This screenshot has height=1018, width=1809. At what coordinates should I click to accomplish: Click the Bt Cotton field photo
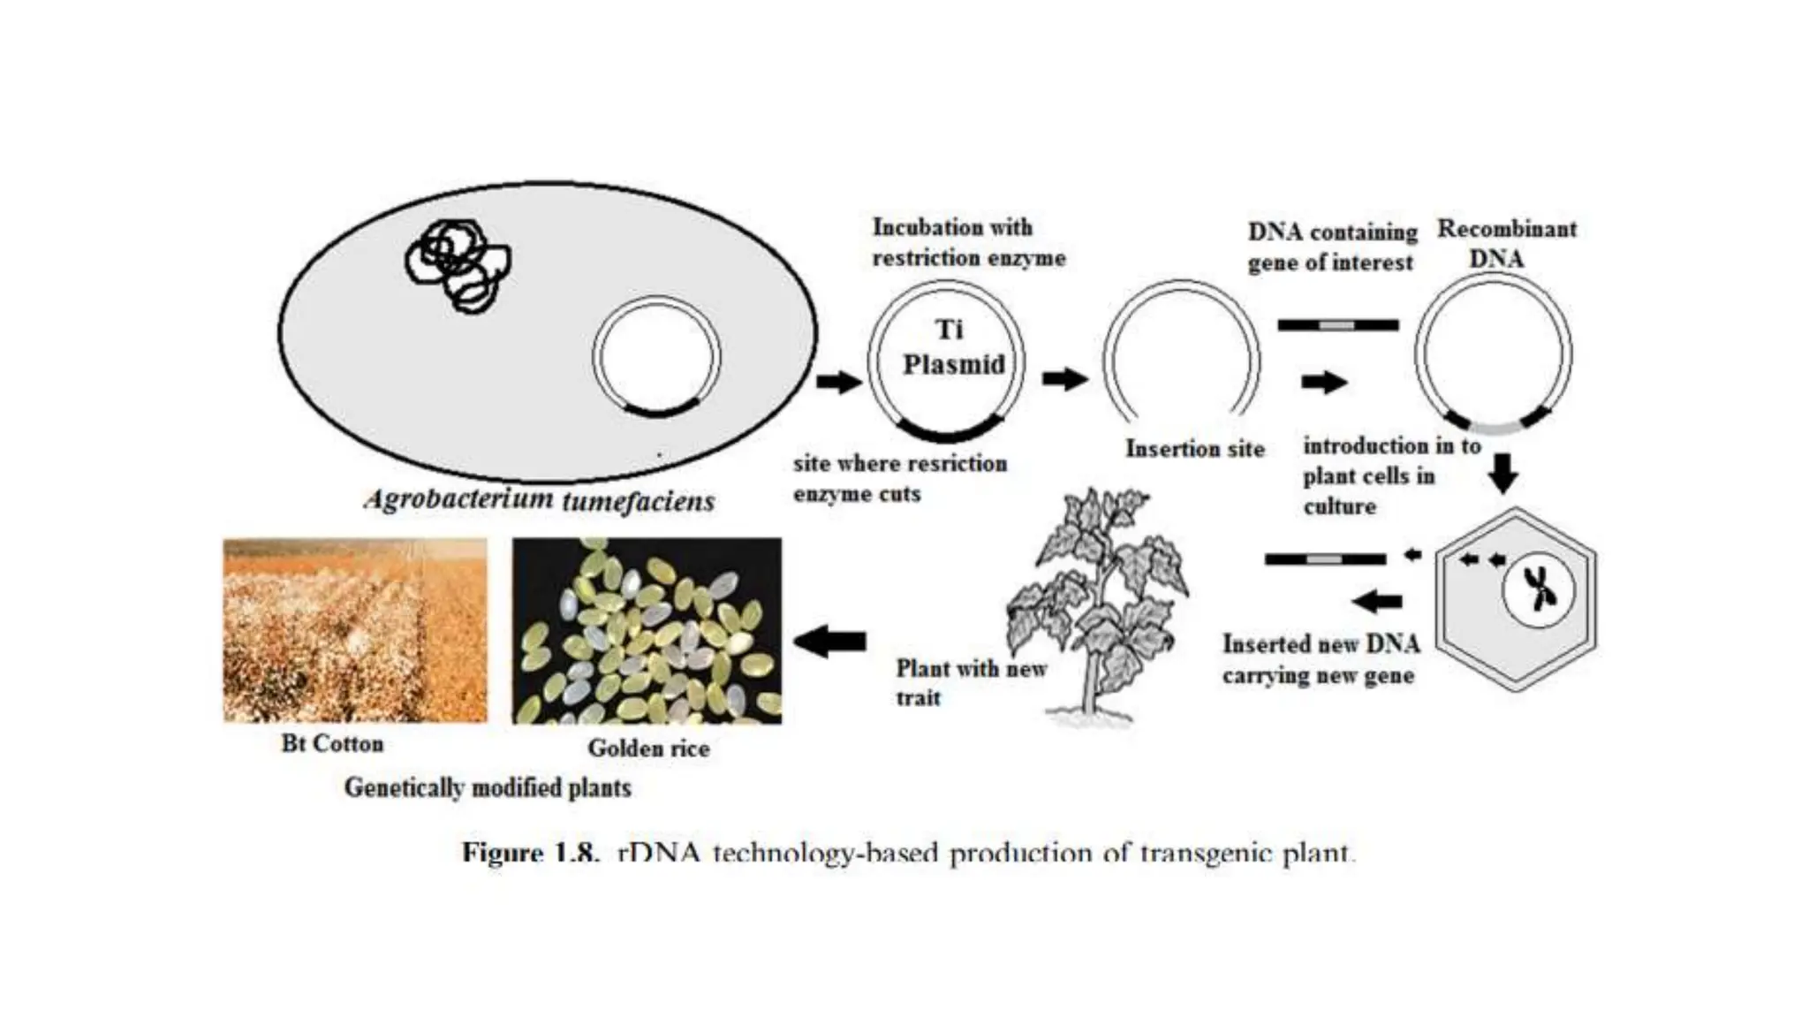tap(354, 630)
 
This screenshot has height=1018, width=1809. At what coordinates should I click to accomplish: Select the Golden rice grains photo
tap(647, 630)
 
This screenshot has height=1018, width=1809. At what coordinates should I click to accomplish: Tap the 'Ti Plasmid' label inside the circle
tap(951, 347)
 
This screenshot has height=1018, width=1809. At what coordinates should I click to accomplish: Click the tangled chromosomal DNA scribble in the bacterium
tap(458, 263)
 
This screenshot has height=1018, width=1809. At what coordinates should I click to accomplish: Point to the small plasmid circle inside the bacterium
tap(656, 357)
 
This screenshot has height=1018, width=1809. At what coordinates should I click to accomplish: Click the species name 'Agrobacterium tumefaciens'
tap(540, 500)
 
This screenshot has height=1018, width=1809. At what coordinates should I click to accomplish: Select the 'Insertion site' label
tap(1194, 449)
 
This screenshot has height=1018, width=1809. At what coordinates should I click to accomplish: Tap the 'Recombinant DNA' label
tap(1505, 243)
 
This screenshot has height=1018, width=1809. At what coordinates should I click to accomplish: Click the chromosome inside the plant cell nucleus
tap(1540, 588)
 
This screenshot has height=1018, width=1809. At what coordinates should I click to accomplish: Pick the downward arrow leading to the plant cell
tap(1502, 472)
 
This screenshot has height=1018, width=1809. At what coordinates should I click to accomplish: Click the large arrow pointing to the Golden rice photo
tap(830, 641)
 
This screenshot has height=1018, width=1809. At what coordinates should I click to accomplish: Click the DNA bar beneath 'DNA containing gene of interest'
tap(1337, 325)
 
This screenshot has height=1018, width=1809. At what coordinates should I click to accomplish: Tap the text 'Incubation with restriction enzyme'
tap(968, 242)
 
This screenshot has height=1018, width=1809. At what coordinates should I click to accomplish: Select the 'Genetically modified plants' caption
tap(488, 787)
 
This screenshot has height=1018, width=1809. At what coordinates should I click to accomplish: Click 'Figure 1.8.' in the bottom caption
tap(530, 853)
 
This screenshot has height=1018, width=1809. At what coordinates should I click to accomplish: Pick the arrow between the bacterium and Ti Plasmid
tap(837, 382)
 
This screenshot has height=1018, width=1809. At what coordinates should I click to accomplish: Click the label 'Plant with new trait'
tap(970, 682)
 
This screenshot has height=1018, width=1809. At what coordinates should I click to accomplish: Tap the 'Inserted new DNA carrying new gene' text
tap(1321, 659)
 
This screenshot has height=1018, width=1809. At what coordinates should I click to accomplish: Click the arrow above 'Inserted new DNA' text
tap(1377, 602)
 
